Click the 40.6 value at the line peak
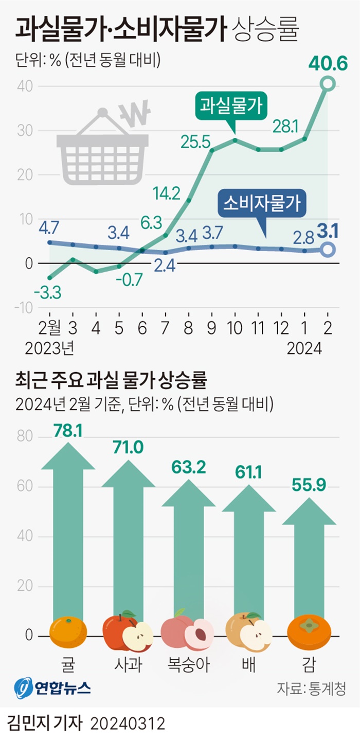click(x=328, y=64)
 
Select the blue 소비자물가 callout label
click(x=262, y=204)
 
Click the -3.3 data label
click(x=47, y=293)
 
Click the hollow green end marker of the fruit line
click(x=328, y=83)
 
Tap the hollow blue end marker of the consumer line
click(x=328, y=250)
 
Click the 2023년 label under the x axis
click(x=50, y=349)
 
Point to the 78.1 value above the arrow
click(x=68, y=431)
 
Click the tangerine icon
click(x=68, y=632)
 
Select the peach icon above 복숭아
click(x=187, y=632)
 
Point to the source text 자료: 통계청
click(x=312, y=688)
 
